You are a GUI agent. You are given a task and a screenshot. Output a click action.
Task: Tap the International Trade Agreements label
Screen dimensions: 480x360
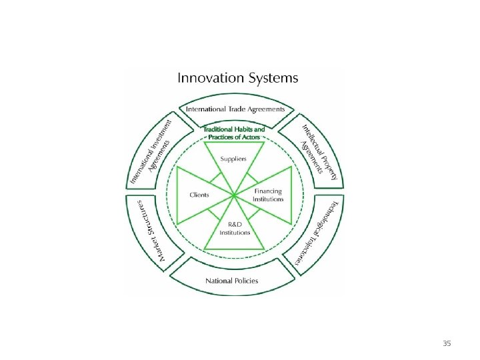(235, 109)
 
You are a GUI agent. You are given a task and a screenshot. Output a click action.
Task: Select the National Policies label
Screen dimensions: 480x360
(231, 281)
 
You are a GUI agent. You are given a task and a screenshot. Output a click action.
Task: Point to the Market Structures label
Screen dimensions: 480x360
(151, 229)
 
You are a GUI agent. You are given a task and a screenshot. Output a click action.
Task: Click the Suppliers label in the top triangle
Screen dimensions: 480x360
(234, 159)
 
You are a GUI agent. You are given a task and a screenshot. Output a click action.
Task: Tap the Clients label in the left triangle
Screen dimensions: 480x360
(199, 195)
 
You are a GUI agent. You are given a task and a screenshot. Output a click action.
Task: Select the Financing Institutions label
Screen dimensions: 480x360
(268, 195)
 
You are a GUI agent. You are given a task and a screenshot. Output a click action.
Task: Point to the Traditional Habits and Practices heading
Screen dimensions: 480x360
(234, 133)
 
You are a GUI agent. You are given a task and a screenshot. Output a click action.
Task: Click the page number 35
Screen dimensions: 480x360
(447, 344)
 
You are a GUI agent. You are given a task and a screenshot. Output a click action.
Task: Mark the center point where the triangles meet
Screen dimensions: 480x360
(234, 195)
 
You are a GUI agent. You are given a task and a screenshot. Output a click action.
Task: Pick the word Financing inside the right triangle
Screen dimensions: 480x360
(268, 191)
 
